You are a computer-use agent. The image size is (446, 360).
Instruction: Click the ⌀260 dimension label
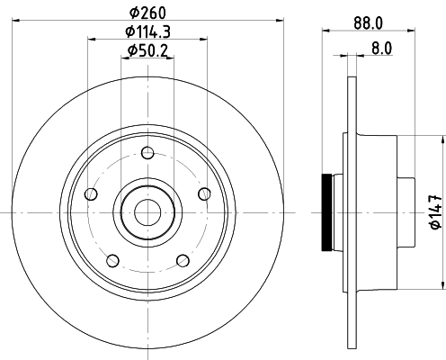point(147,12)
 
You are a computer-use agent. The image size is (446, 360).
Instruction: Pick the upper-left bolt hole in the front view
point(89,194)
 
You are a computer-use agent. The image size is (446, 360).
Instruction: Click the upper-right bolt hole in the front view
point(203,192)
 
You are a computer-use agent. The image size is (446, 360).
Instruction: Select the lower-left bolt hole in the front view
point(112,261)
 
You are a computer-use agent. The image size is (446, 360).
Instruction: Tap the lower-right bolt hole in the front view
point(183,260)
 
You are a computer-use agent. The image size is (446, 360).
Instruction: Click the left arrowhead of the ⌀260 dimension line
point(21,21)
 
